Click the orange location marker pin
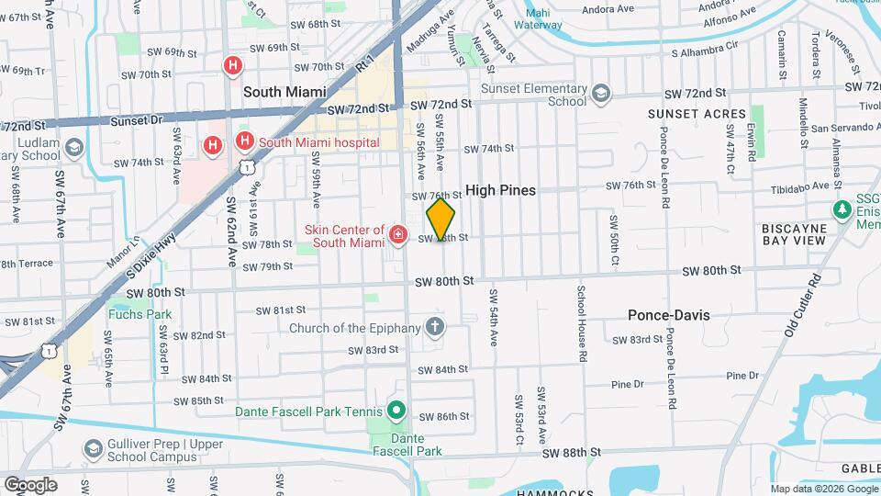440,220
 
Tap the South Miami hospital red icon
244,141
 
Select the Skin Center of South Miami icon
398,235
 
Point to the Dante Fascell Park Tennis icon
396,410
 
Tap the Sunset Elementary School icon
600,94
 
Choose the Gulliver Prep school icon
93,448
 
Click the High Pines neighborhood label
500,190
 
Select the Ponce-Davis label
668,315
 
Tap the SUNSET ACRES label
697,114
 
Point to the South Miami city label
287,92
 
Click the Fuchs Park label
139,314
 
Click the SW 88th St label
571,453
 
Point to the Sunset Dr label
136,120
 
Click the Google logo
30,484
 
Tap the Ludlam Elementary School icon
73,147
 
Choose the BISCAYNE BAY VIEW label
795,233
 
